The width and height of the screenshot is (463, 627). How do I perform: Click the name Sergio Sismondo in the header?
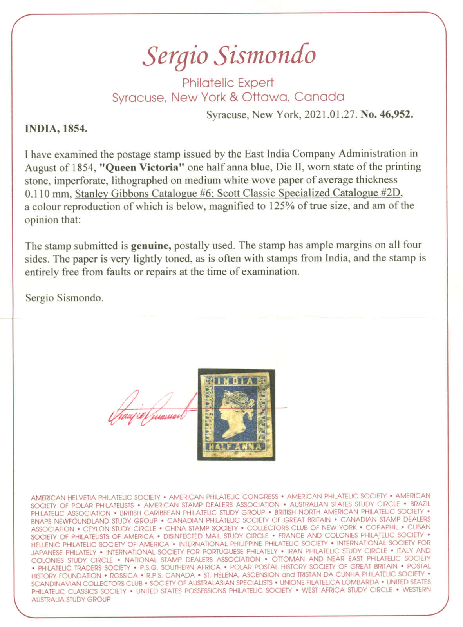point(229,56)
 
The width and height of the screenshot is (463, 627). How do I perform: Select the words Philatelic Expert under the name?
point(228,83)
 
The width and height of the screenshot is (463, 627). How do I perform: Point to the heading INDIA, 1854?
point(56,129)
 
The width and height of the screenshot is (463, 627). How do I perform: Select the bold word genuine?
point(151,246)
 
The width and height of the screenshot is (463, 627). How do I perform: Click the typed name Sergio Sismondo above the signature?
point(64,298)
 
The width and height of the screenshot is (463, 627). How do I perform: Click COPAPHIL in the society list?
point(382,527)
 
